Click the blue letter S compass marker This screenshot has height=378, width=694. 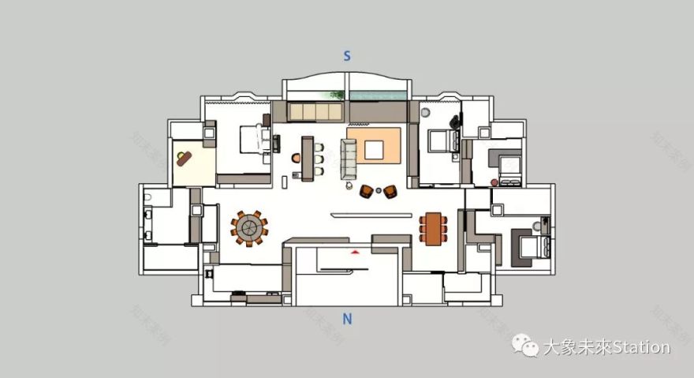click(346, 56)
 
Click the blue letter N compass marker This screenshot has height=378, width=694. click(347, 319)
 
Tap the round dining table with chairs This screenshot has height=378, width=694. click(250, 228)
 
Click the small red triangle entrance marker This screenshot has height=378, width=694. click(356, 251)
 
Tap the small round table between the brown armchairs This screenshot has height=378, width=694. click(378, 189)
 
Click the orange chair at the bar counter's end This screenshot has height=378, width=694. click(295, 158)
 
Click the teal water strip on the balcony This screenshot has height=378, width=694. click(376, 95)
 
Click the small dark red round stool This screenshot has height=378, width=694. click(494, 183)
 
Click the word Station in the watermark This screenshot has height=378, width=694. click(640, 347)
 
